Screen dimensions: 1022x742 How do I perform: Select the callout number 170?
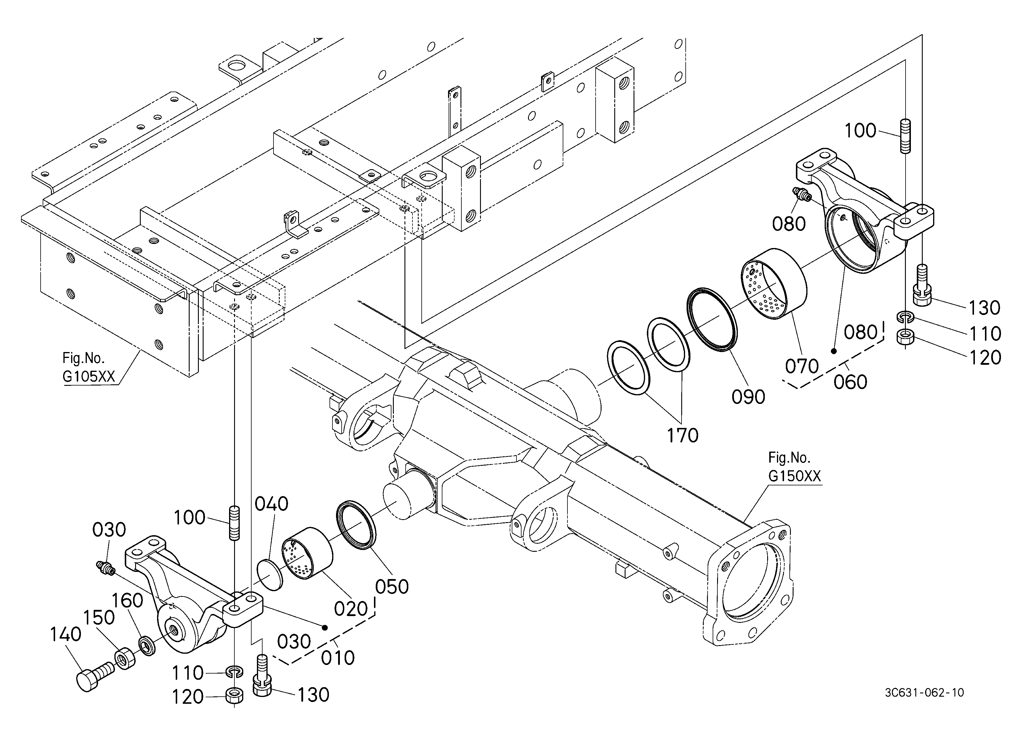point(683,435)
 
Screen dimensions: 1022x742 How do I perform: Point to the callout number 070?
point(802,366)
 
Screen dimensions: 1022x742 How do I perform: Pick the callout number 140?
point(66,634)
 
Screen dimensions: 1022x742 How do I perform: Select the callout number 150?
point(100,617)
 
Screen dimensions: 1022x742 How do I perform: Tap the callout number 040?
point(271,504)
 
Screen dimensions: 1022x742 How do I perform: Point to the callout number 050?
point(392,586)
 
